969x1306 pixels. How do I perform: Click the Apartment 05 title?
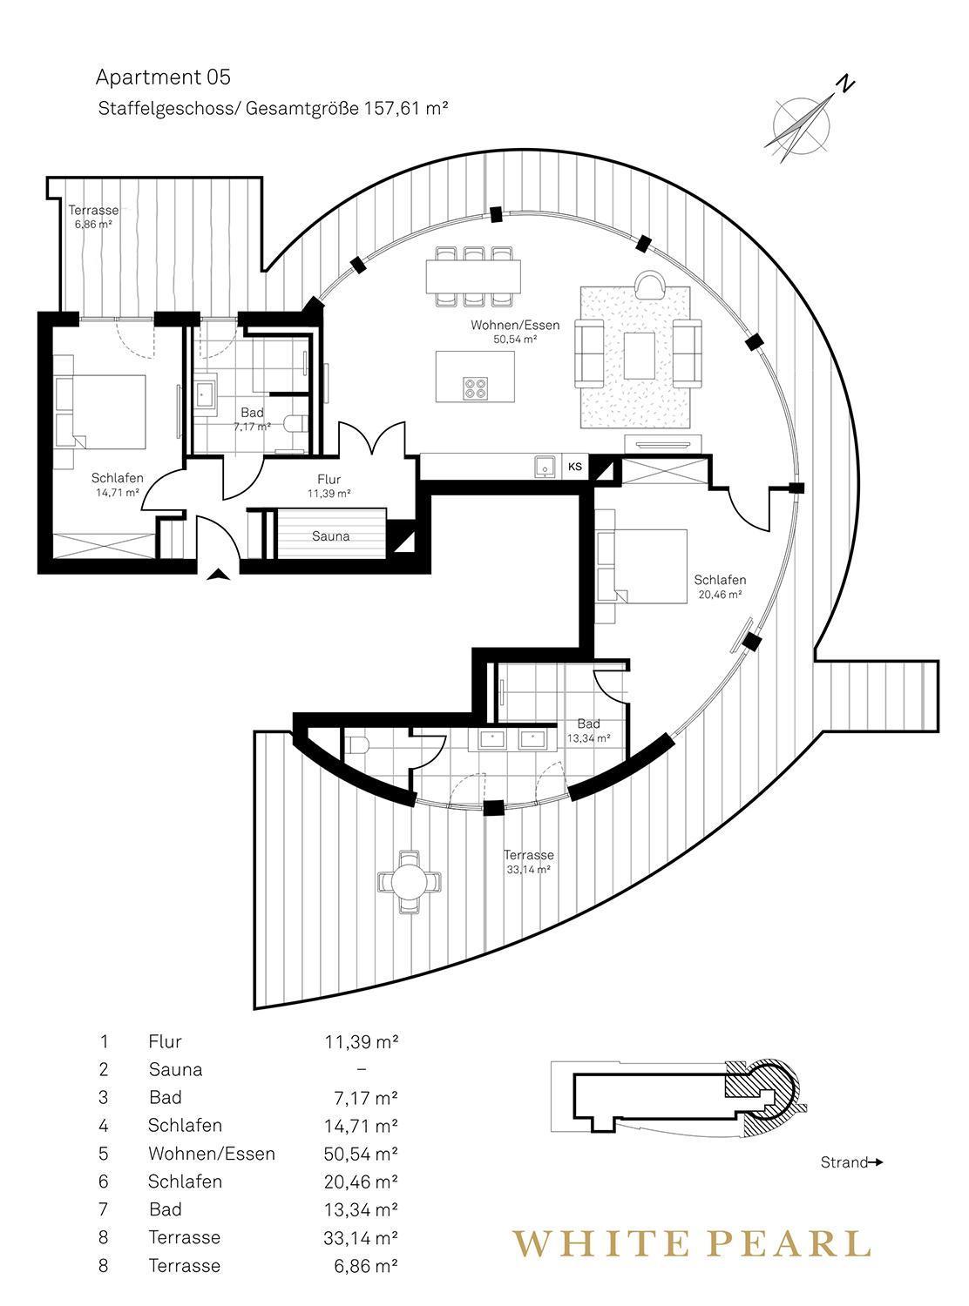pyautogui.click(x=163, y=77)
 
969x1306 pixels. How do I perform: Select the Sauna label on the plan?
pyautogui.click(x=330, y=535)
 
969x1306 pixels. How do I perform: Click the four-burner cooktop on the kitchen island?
pyautogui.click(x=476, y=388)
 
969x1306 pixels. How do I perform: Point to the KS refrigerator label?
pyautogui.click(x=574, y=467)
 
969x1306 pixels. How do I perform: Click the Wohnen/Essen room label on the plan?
pyautogui.click(x=514, y=325)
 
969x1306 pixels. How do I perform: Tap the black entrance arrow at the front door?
pyautogui.click(x=218, y=575)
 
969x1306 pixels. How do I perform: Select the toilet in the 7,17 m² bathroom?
pyautogui.click(x=295, y=423)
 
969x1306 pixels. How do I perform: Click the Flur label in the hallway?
pyautogui.click(x=329, y=479)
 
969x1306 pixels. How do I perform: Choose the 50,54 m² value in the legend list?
pyautogui.click(x=361, y=1154)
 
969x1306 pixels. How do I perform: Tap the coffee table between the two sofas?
pyautogui.click(x=640, y=355)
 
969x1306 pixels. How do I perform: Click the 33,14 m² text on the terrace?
pyautogui.click(x=528, y=870)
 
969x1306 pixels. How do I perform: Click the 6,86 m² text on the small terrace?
pyautogui.click(x=93, y=225)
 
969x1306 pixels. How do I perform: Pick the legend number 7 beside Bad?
pyautogui.click(x=104, y=1209)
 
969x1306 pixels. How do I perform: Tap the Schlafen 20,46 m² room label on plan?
pyautogui.click(x=720, y=587)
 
